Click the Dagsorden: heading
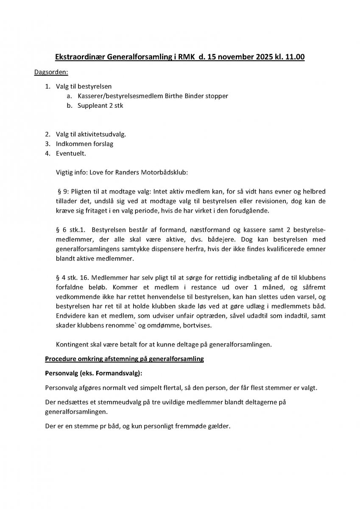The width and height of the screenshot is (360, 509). (48, 73)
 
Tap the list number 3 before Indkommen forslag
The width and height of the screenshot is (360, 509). (47, 143)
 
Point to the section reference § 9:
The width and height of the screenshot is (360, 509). (64, 193)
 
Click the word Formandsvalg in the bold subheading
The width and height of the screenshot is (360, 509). (117, 374)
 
